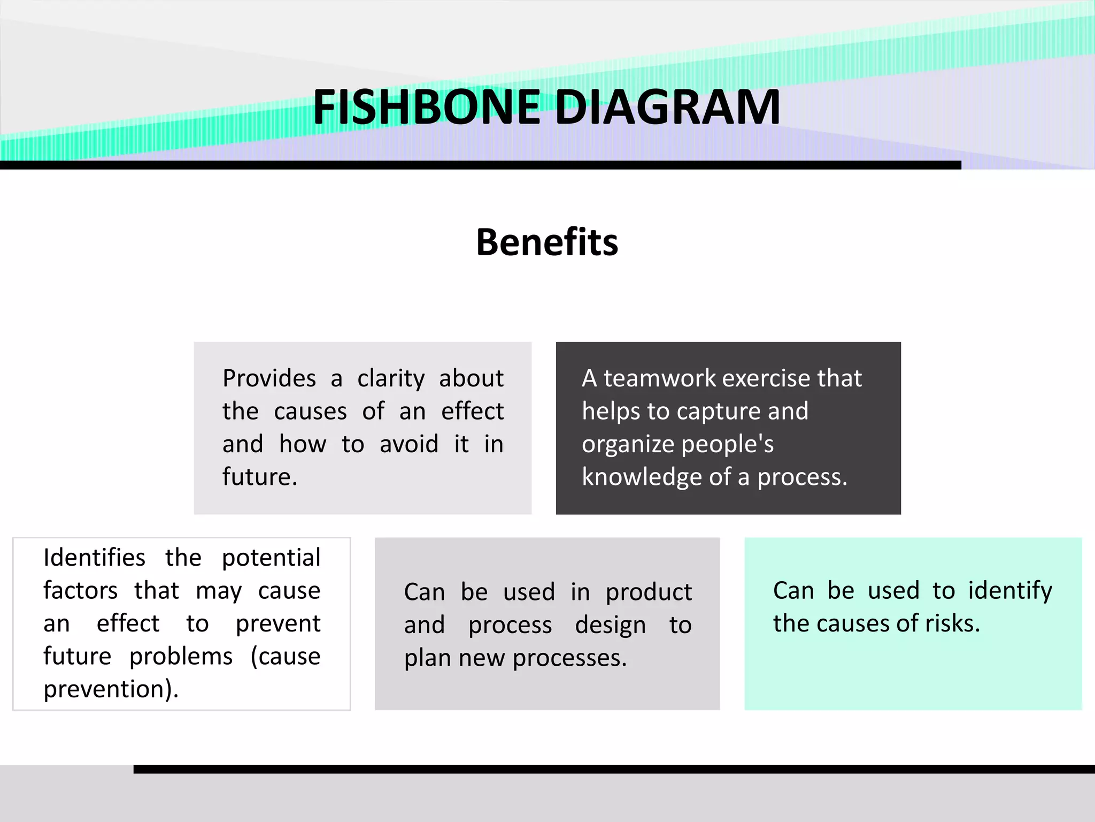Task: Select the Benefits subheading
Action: pyautogui.click(x=547, y=242)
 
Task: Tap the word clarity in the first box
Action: pyautogui.click(x=391, y=379)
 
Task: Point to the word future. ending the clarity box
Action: pyautogui.click(x=260, y=477)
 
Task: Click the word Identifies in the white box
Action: pyautogui.click(x=94, y=558)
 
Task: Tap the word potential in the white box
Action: pyautogui.click(x=271, y=558)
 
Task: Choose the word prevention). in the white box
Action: pyautogui.click(x=111, y=689)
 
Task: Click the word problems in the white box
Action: pyautogui.click(x=181, y=657)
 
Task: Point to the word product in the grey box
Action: pyautogui.click(x=649, y=592)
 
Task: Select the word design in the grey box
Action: pyautogui.click(x=610, y=626)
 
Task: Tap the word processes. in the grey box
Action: pyautogui.click(x=569, y=658)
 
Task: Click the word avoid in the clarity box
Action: pyautogui.click(x=409, y=444)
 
